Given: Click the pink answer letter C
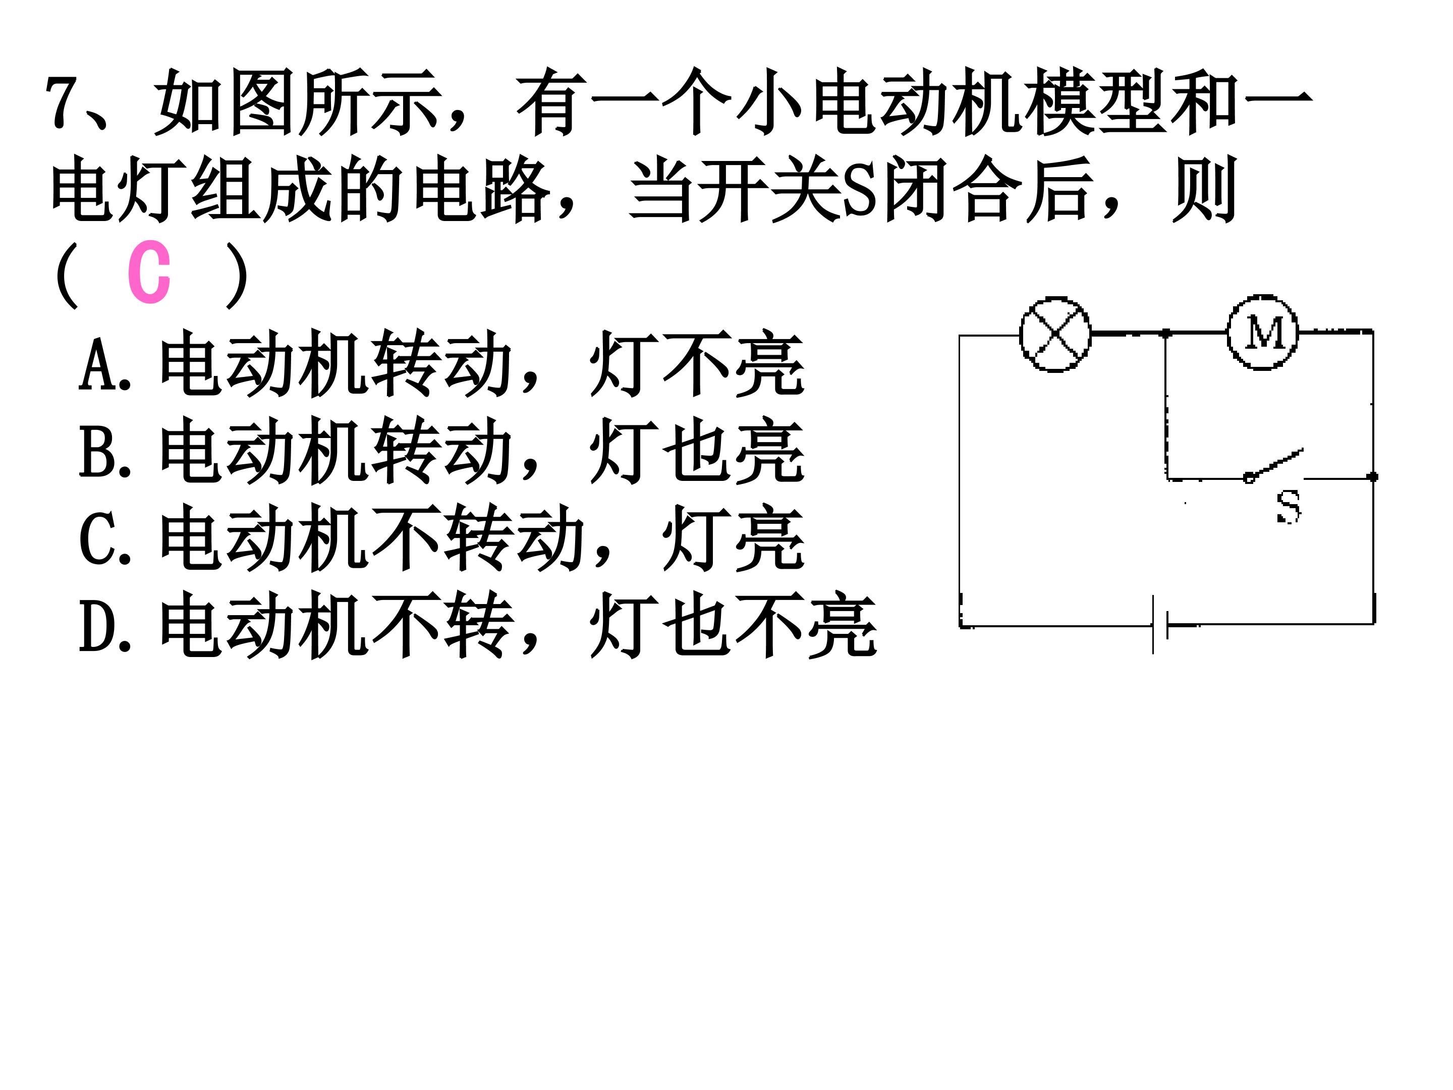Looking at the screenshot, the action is coord(149,272).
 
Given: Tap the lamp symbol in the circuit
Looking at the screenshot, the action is coord(1055,335).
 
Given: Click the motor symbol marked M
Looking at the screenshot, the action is coord(1262,332).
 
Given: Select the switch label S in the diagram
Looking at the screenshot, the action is coord(1288,507).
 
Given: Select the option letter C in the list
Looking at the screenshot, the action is coord(94,538).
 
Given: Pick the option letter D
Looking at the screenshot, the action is coord(94,625).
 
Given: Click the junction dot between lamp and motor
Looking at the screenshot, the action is coord(1166,334).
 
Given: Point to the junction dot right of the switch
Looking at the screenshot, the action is coord(1373,477).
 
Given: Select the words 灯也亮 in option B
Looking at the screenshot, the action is coord(697,451).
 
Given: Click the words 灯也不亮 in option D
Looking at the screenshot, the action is coord(733,625).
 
